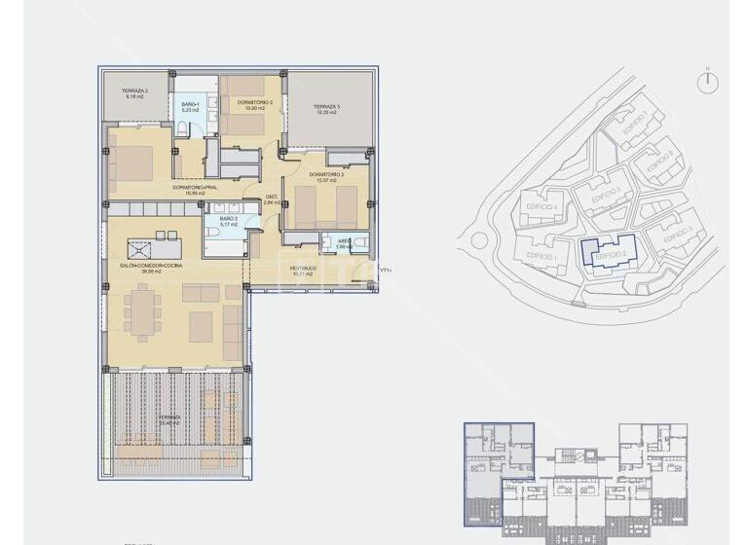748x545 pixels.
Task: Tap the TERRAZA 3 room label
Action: click(326, 108)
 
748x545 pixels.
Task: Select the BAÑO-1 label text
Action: click(190, 105)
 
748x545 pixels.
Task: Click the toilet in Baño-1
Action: click(183, 130)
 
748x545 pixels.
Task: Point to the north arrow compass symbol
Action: click(708, 83)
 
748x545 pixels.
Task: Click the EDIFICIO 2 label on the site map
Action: click(610, 254)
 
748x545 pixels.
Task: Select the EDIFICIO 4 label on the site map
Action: click(541, 206)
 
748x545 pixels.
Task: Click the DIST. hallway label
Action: click(273, 200)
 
